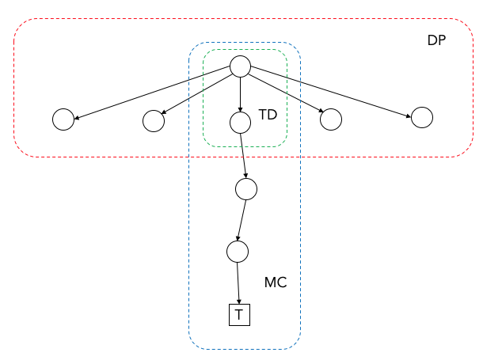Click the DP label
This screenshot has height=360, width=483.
click(436, 40)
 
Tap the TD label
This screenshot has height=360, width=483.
click(268, 115)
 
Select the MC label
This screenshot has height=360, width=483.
click(276, 282)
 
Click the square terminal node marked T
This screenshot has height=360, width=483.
click(239, 315)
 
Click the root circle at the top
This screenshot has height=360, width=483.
click(240, 66)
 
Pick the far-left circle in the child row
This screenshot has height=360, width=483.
click(63, 119)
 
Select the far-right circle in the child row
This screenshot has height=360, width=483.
click(422, 117)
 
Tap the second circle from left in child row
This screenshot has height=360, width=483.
click(154, 121)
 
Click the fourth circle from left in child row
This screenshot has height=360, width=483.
click(331, 119)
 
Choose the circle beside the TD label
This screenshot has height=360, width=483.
click(240, 123)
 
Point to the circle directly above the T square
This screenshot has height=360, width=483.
click(238, 252)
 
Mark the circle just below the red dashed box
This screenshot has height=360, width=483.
click(245, 189)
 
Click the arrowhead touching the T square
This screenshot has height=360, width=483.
click(238, 301)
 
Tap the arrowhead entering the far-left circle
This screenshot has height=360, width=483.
click(77, 117)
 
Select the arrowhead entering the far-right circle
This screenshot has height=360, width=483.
click(408, 116)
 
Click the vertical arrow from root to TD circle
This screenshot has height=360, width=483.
click(240, 94)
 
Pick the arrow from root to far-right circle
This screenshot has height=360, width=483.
click(331, 92)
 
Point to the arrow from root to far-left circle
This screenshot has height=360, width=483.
click(152, 93)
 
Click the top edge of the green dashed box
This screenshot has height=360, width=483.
click(245, 50)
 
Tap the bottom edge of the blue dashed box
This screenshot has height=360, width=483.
click(245, 349)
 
